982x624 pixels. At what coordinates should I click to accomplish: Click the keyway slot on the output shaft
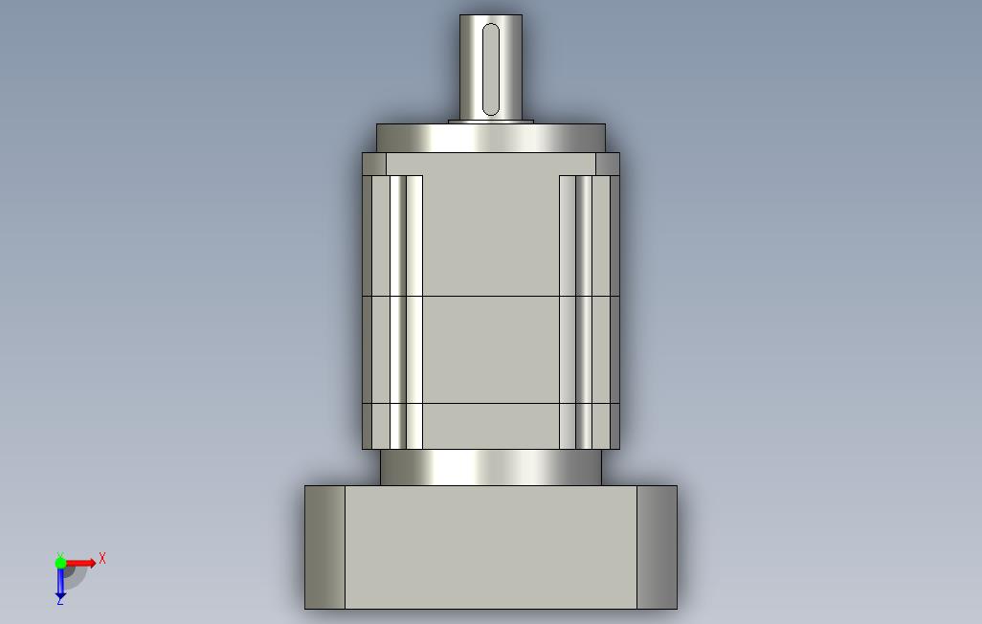pos(491,70)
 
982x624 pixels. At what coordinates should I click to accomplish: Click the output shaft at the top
pos(491,67)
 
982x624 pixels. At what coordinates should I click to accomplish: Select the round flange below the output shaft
pos(491,138)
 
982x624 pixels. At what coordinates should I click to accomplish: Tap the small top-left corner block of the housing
pos(374,165)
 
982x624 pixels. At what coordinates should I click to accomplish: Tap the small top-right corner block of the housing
pos(608,165)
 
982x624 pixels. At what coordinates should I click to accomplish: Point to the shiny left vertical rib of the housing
pos(398,312)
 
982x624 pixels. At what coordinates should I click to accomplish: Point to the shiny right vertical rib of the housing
pos(584,312)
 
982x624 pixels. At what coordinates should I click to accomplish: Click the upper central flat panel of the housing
pos(491,234)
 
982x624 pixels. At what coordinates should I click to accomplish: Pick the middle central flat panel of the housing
pos(491,349)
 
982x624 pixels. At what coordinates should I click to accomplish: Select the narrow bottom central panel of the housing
pos(491,426)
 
